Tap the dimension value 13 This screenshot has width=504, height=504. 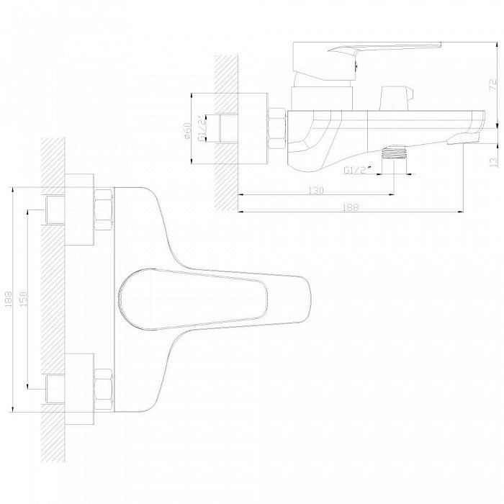[492, 162]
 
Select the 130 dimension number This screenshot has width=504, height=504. [316, 190]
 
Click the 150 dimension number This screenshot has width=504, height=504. [24, 299]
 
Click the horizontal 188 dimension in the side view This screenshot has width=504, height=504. [351, 207]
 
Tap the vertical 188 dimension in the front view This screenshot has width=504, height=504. [8, 299]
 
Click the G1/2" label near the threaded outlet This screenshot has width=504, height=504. [358, 170]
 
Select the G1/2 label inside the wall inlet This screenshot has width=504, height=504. [201, 129]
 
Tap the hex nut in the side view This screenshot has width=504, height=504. [276, 129]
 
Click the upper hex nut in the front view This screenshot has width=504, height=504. [104, 210]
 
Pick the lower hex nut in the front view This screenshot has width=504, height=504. [104, 389]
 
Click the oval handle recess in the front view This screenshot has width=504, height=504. [193, 300]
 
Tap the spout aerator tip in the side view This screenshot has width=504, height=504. [462, 138]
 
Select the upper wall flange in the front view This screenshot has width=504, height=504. [79, 210]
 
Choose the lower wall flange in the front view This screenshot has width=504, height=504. [79, 389]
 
